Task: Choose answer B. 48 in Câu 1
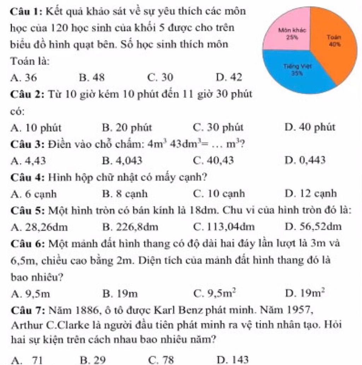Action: click(92, 77)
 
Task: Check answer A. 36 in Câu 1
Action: click(24, 77)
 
